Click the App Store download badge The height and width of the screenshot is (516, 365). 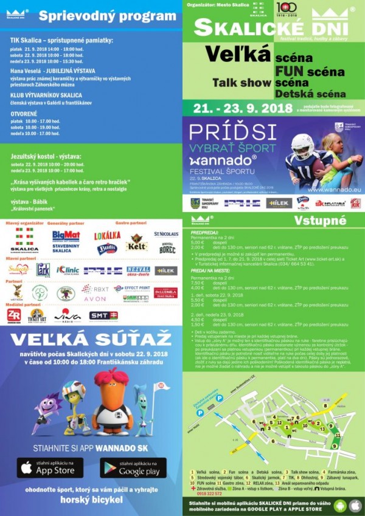[x=49, y=467]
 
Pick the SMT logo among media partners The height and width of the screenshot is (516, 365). [x=103, y=315]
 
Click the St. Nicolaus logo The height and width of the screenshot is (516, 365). [x=165, y=233]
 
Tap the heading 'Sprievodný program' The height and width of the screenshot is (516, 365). [x=107, y=16]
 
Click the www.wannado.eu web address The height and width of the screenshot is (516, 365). [x=332, y=189]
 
